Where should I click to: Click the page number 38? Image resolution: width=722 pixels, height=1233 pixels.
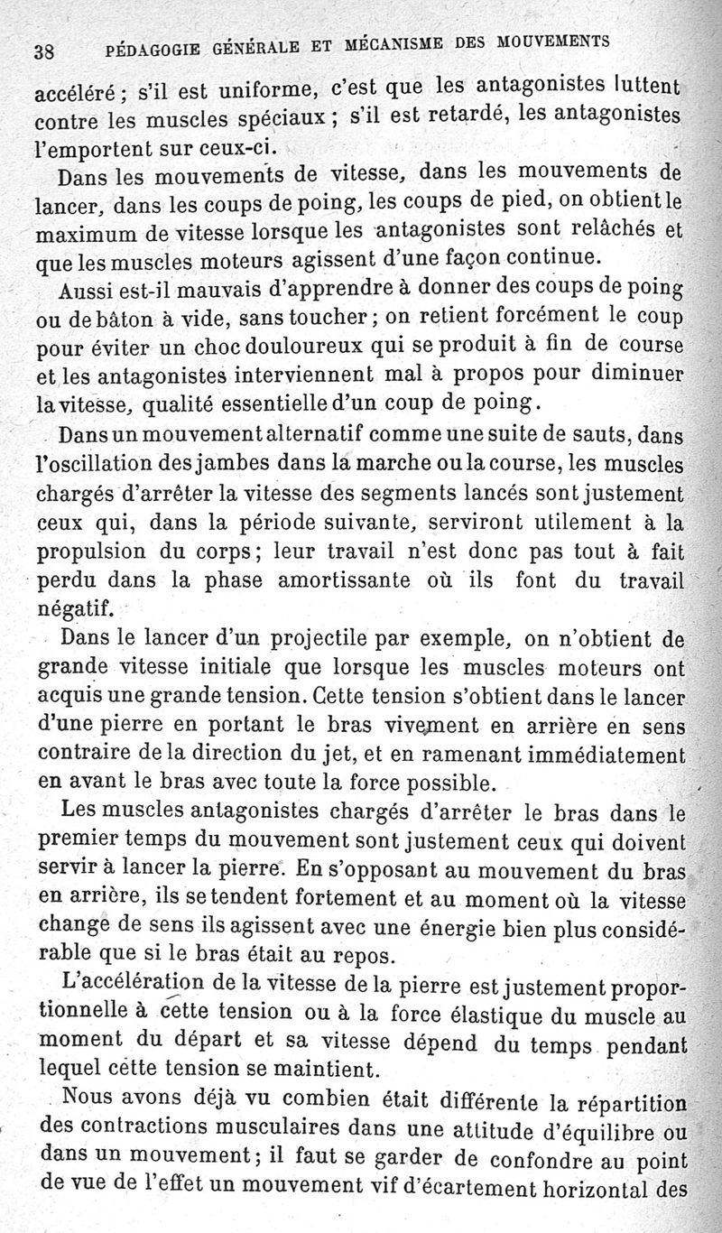[x=44, y=51]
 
